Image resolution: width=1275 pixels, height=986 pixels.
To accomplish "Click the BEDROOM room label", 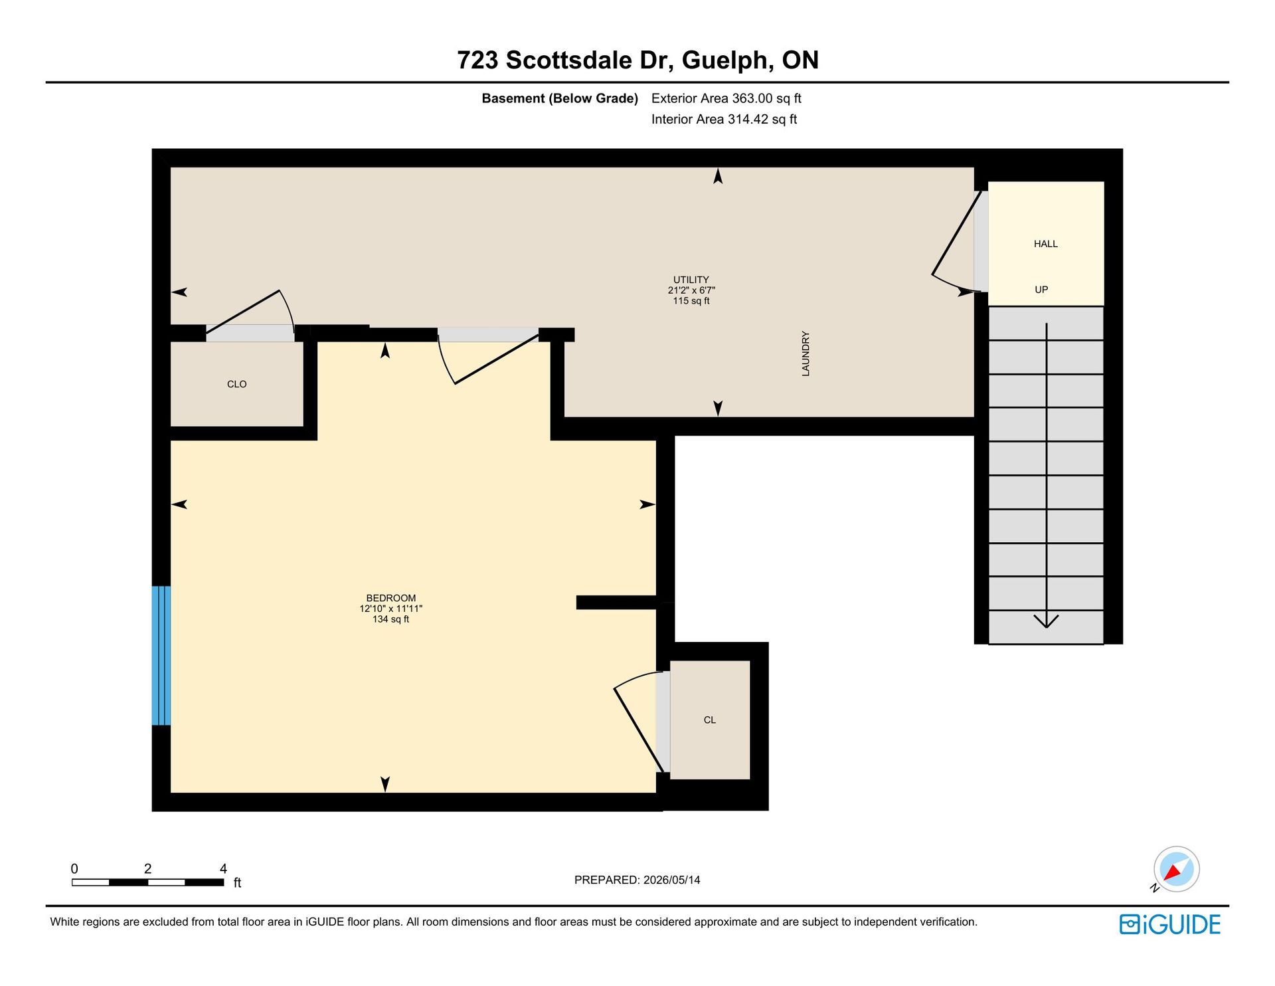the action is (391, 598).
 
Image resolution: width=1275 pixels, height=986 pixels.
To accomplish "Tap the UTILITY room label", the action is (691, 280).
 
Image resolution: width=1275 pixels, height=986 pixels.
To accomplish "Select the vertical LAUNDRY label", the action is (806, 353).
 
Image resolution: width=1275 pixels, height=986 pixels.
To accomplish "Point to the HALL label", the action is (1045, 244).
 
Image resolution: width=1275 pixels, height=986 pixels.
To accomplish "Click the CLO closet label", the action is (236, 384).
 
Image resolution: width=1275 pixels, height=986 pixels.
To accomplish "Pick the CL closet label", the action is (710, 720).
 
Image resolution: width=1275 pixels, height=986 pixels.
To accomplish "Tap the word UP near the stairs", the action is (1041, 290).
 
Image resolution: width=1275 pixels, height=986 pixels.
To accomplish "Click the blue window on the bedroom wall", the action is (161, 655).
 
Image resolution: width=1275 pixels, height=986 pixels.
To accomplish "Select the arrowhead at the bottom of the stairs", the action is (1047, 622).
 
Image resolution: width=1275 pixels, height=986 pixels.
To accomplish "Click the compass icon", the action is (1176, 869).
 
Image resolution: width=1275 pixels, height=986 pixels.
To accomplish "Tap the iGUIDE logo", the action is (1170, 924).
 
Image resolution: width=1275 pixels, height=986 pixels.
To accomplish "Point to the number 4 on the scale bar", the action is (223, 868).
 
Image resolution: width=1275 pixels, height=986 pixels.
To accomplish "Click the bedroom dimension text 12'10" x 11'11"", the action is (391, 609).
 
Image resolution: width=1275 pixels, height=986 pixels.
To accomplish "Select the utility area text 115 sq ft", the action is (691, 301).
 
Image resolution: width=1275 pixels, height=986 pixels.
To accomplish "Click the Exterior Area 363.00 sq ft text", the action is (726, 98).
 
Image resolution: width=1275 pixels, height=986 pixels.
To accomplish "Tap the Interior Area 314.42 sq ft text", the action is (724, 119).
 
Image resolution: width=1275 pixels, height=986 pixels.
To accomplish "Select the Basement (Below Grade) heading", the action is (560, 98).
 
